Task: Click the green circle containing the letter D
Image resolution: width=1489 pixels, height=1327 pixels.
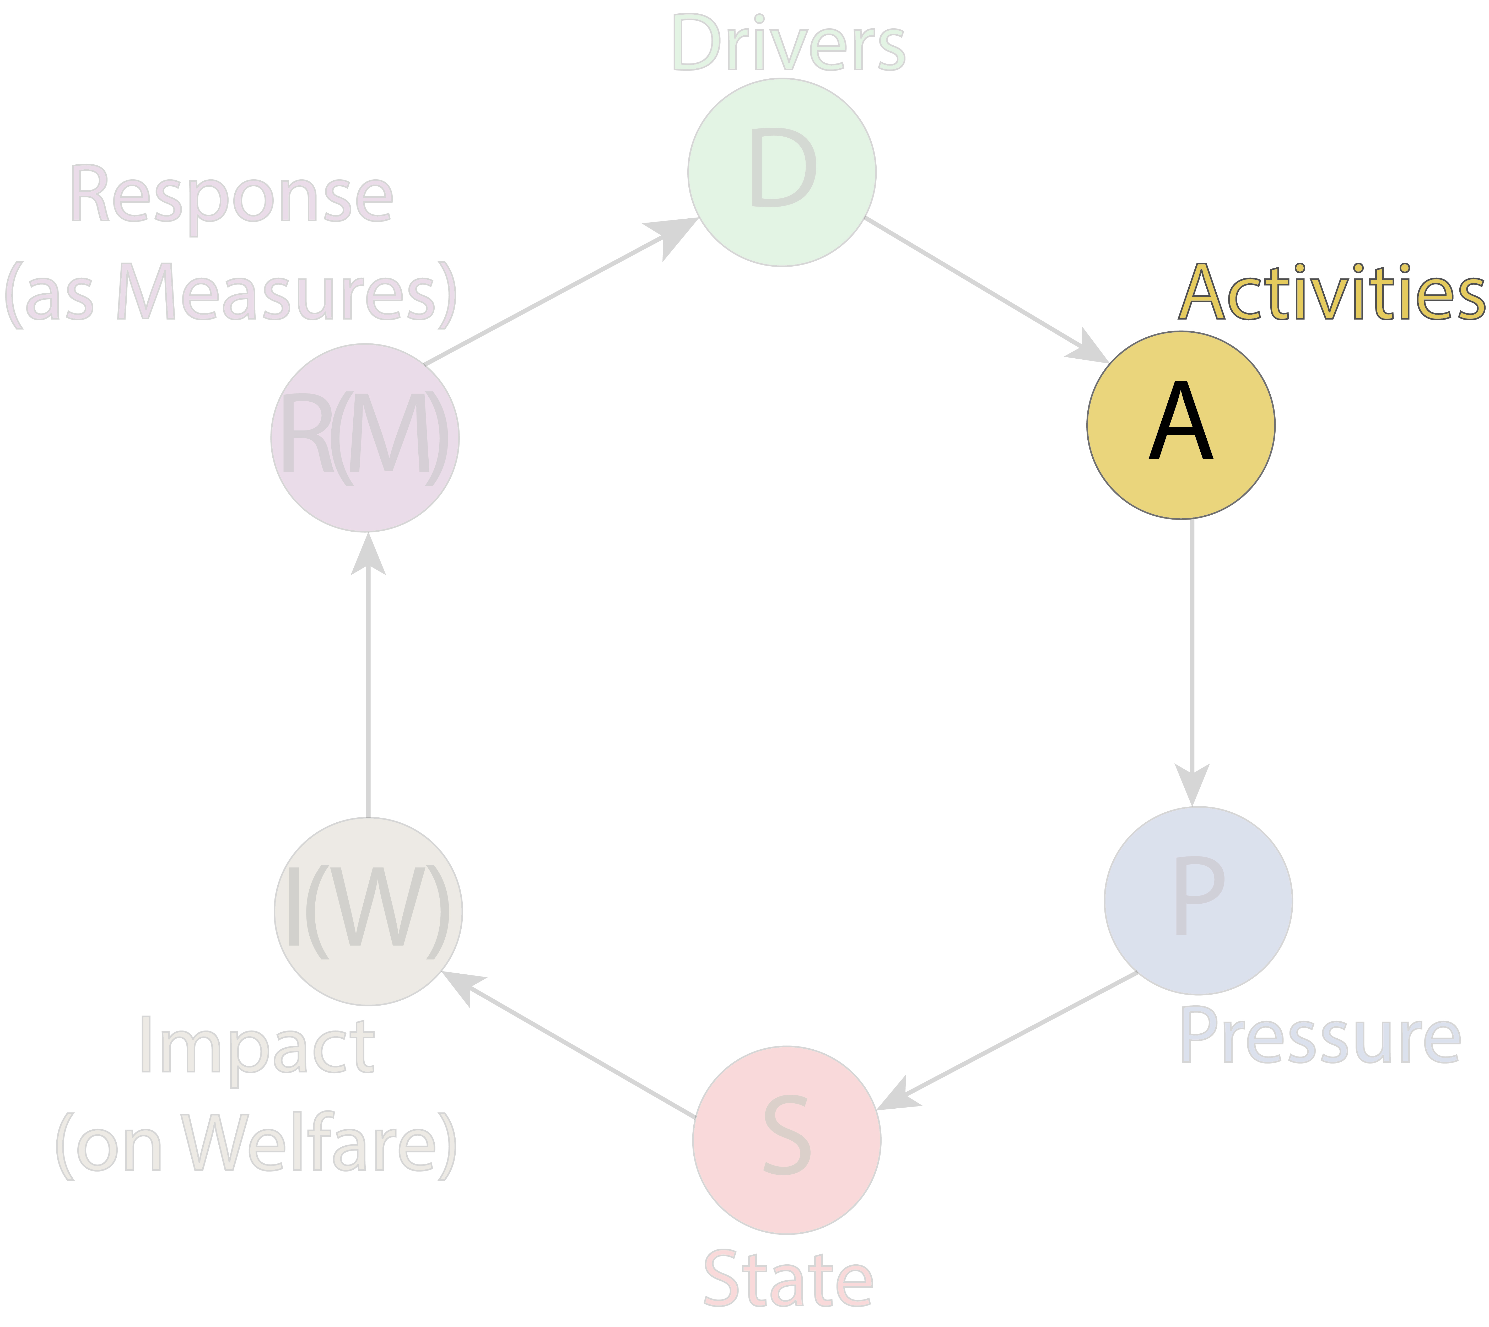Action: pyautogui.click(x=782, y=172)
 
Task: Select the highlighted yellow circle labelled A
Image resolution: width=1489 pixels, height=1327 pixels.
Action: pyautogui.click(x=1180, y=425)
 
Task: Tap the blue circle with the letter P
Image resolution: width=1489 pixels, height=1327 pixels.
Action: pyautogui.click(x=1198, y=900)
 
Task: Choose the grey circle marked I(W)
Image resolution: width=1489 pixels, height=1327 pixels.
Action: pyautogui.click(x=368, y=911)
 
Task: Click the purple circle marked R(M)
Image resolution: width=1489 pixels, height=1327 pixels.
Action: pyautogui.click(x=365, y=438)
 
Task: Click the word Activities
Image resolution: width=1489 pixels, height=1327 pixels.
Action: pyautogui.click(x=1331, y=292)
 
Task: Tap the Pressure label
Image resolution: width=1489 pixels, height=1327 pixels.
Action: pyautogui.click(x=1320, y=1035)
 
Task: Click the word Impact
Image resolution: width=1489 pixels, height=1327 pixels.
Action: pyautogui.click(x=257, y=1050)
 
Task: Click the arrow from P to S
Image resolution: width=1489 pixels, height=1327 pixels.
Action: pyautogui.click(x=1007, y=1040)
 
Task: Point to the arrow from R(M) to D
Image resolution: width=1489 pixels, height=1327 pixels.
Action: pyautogui.click(x=562, y=290)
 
